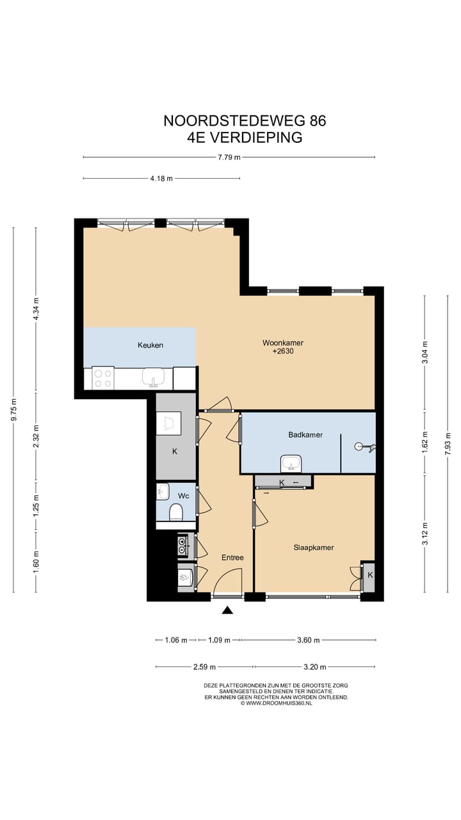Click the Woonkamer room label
point(283,343)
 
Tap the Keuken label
point(150,345)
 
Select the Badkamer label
point(305,435)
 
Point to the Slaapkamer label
point(314,548)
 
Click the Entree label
point(232,557)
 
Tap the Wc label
point(183,496)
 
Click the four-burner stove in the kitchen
point(103,379)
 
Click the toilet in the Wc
point(176,512)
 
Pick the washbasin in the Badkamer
point(291,464)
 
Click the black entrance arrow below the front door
point(227,610)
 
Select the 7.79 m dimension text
point(229,158)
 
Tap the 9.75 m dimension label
point(13,409)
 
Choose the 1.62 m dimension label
point(425,443)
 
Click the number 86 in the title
point(317,121)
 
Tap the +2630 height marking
point(283,352)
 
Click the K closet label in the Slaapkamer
point(370,575)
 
